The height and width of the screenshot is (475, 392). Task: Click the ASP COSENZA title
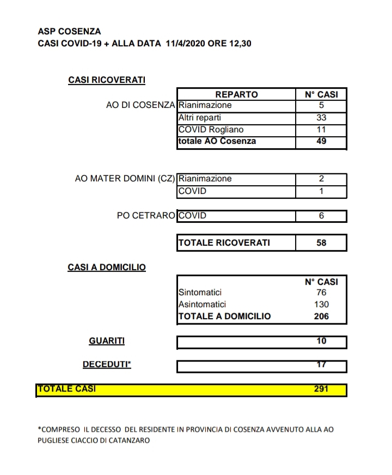point(69,32)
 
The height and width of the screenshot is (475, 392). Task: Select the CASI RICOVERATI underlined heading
point(107,80)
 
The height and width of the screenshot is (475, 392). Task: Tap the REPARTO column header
point(236,94)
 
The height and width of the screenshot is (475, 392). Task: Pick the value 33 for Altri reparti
point(321,117)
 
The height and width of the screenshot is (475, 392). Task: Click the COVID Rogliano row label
point(211,130)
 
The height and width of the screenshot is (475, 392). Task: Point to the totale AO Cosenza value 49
point(321,141)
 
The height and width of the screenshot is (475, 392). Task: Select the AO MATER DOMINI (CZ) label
point(125,179)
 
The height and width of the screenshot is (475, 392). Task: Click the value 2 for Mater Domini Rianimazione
point(321,179)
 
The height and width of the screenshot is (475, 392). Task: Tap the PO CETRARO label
point(146,216)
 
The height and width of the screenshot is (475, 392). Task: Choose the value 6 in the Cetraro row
point(321,216)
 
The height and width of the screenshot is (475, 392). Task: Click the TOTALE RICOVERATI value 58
point(321,243)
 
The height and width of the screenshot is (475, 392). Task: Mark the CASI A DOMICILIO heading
point(107,267)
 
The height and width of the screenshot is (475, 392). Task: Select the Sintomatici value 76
point(321,293)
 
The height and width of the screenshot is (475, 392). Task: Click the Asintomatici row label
point(202,305)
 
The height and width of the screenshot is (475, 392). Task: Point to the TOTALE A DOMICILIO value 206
point(321,316)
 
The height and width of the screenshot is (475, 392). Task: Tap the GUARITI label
point(107,341)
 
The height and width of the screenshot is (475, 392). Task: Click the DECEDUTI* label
point(107,364)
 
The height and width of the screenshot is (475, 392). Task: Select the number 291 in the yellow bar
point(321,389)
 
